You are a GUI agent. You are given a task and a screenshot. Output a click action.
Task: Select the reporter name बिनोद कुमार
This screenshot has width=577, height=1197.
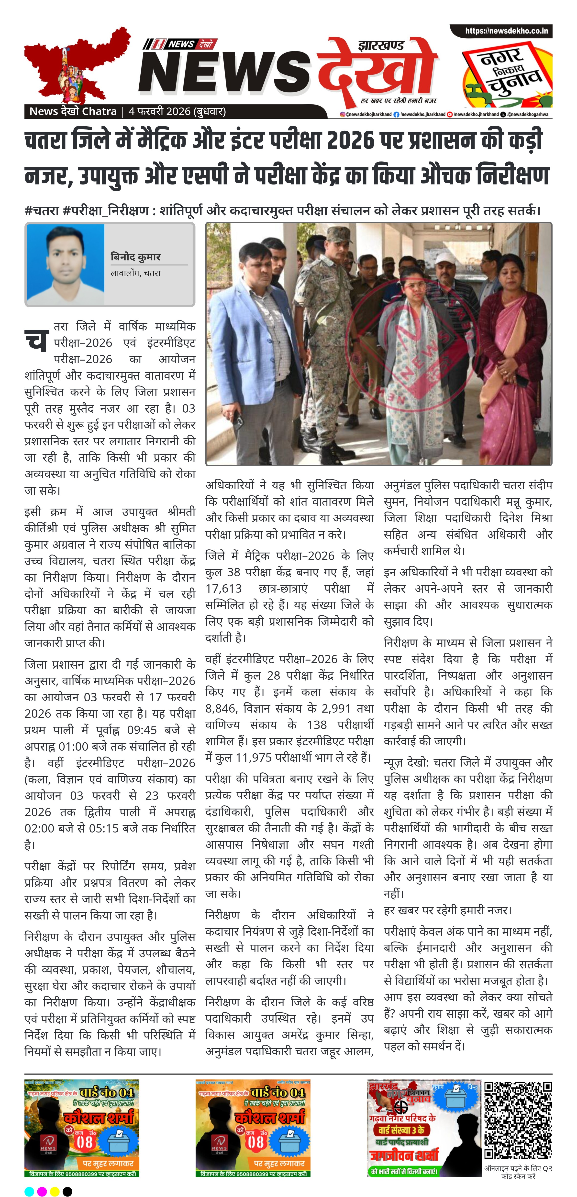[x=135, y=257]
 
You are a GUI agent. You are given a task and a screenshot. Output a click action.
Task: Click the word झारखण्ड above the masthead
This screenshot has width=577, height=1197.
[x=381, y=45]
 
